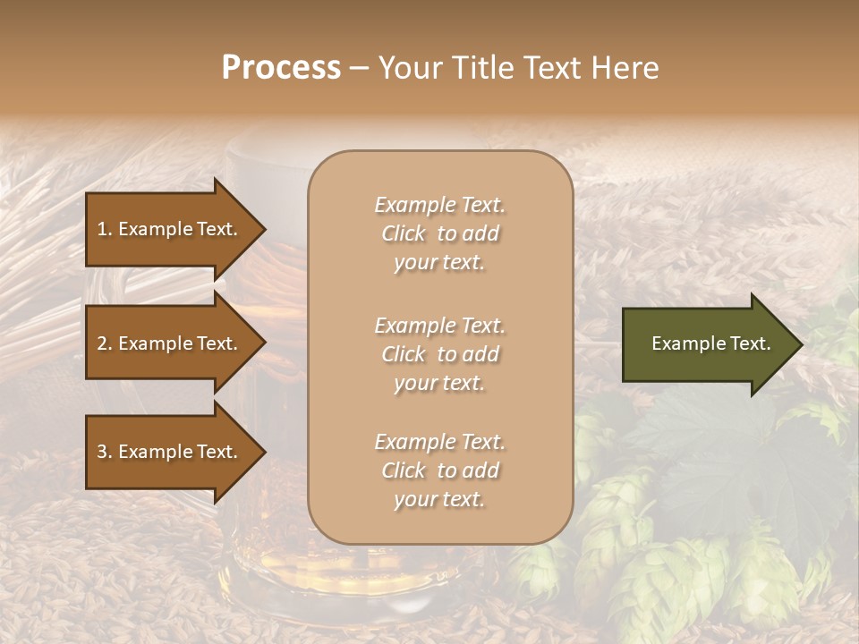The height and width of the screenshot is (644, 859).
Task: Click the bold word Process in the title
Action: pos(281,68)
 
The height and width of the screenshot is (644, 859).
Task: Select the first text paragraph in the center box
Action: pos(439,233)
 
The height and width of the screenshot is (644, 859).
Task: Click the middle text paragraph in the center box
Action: pos(439,354)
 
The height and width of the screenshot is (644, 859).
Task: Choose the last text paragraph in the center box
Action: pos(439,470)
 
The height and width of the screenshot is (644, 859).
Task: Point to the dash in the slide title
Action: pos(359,69)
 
